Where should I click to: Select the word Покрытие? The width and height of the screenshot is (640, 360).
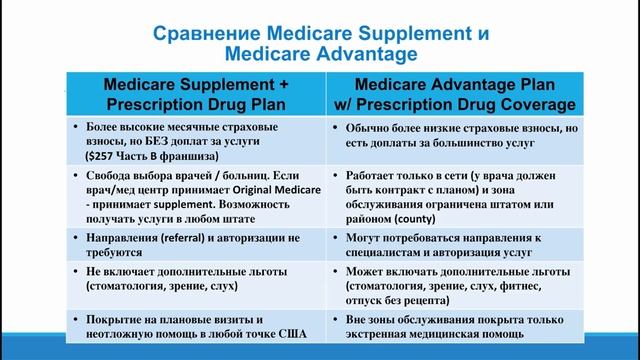click(118, 319)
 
